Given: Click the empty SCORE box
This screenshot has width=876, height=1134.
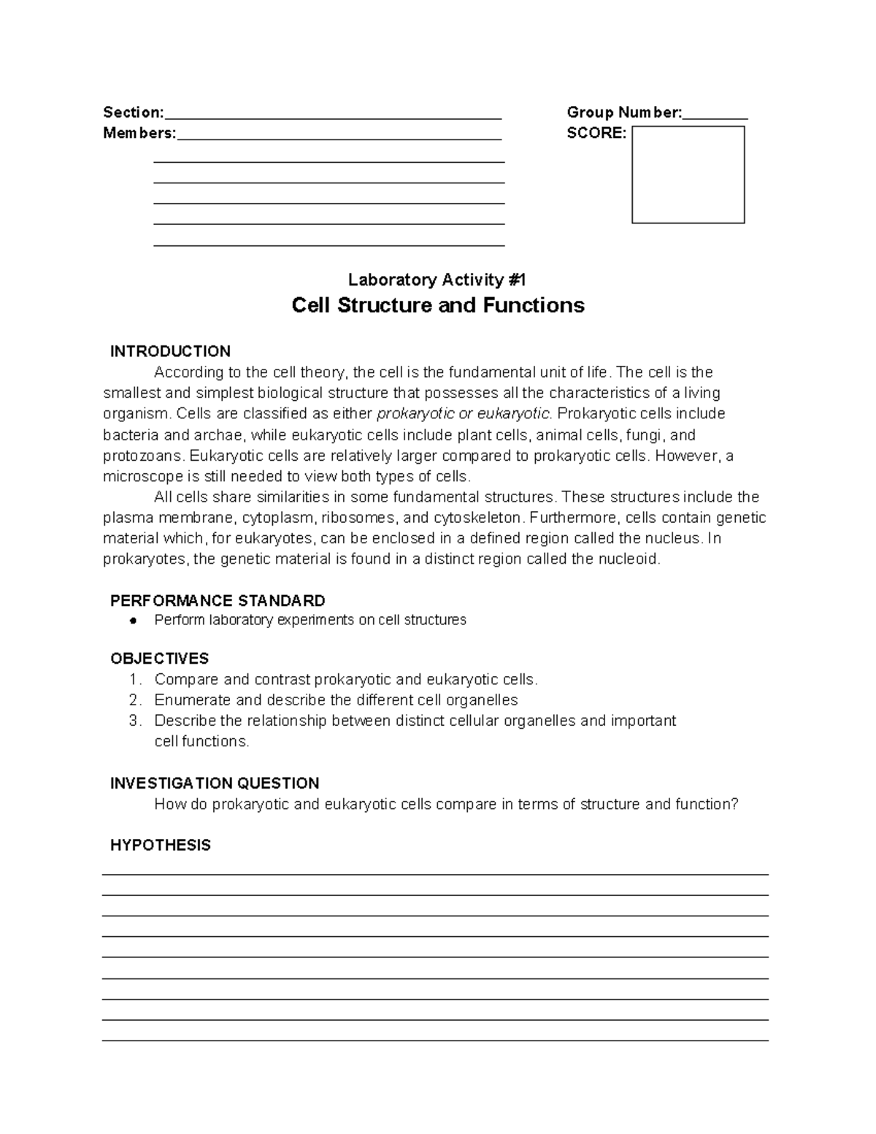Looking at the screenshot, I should [688, 175].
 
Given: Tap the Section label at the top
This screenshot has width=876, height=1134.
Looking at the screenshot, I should [134, 112].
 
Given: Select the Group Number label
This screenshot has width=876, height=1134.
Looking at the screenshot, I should [624, 112].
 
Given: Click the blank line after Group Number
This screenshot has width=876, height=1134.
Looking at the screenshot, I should [715, 115].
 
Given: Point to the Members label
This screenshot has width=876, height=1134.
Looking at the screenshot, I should [139, 134].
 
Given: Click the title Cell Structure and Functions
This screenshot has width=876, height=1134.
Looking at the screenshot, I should [438, 305].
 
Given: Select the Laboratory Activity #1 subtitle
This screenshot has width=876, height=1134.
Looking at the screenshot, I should [437, 280].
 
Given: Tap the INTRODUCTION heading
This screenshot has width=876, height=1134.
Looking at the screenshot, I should [170, 351].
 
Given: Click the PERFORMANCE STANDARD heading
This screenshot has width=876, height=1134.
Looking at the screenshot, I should [218, 601].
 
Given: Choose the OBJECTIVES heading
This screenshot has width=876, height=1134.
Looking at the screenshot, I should [159, 659].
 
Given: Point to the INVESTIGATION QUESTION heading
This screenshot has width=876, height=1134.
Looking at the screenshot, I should [215, 784].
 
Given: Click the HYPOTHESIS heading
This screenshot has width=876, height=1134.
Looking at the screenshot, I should [160, 846].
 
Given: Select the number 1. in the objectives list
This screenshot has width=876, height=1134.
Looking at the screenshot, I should [134, 680].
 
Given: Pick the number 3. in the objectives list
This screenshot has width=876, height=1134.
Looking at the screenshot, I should [134, 721].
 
